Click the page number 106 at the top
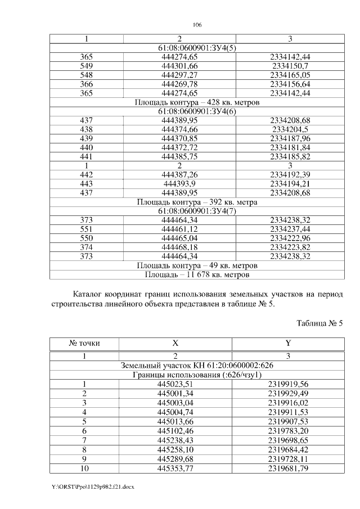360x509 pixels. coord(197,25)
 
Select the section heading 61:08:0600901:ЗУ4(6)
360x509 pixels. coord(197,111)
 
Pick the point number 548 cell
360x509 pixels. coord(86,75)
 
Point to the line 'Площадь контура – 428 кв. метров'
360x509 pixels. coord(197,102)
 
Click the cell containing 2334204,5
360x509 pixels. coord(290,129)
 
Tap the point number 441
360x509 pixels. coord(86,156)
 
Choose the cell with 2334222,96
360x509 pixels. coord(290,237)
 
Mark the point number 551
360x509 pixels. coord(86,228)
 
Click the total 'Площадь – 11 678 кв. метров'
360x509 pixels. coord(197,274)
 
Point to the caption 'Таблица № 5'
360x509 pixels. coord(319,323)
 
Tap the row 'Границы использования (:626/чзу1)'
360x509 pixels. coord(197,375)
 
